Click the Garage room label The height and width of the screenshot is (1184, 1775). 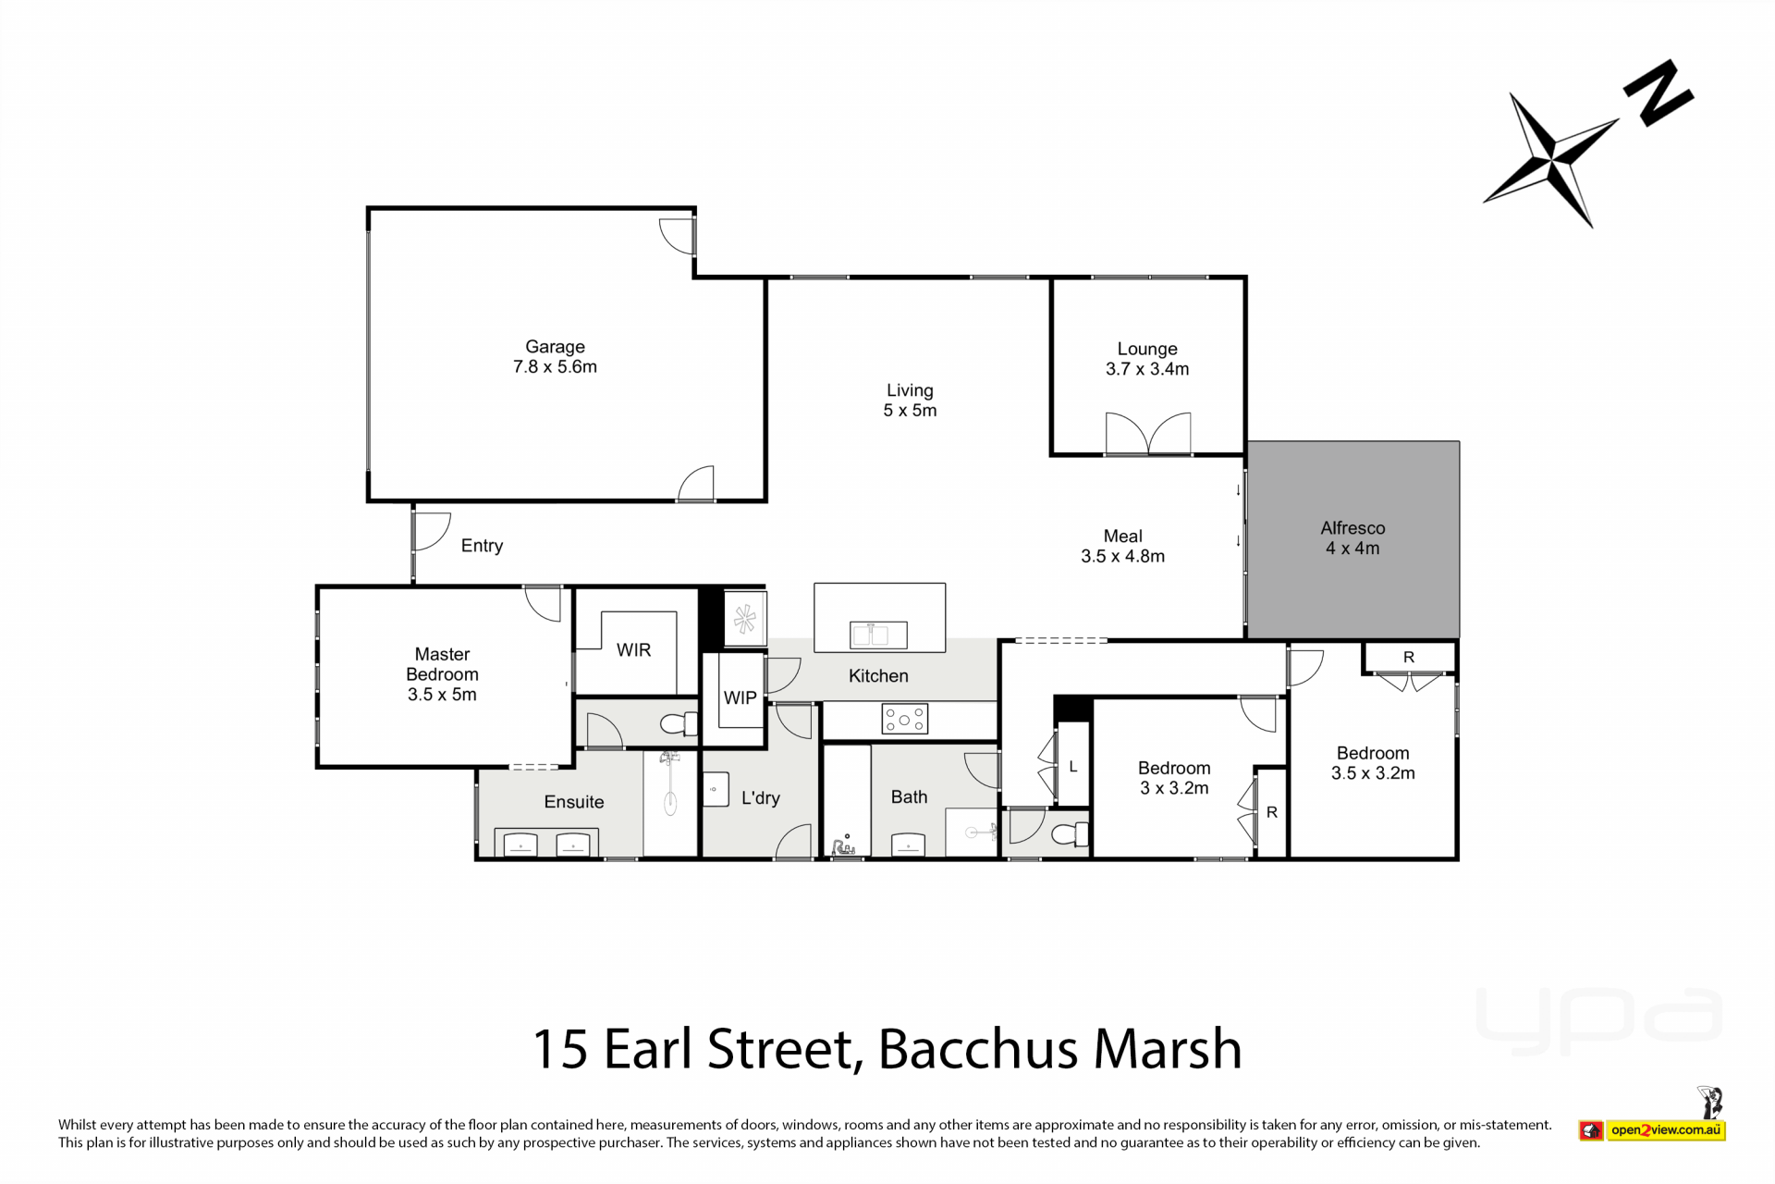pyautogui.click(x=555, y=357)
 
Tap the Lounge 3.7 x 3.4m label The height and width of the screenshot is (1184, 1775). pyautogui.click(x=1147, y=359)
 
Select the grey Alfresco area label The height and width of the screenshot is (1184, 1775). pyautogui.click(x=1353, y=538)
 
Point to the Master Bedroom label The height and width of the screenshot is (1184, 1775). pyautogui.click(x=442, y=674)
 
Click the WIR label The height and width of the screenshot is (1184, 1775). pyautogui.click(x=633, y=650)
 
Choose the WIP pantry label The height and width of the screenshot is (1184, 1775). pyautogui.click(x=740, y=698)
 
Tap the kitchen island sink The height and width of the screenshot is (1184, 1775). pyautogui.click(x=878, y=635)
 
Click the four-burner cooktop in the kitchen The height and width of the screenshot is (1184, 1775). pyautogui.click(x=904, y=719)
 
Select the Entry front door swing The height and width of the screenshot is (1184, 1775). pyautogui.click(x=433, y=532)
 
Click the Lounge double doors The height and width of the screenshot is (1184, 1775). pyautogui.click(x=1148, y=434)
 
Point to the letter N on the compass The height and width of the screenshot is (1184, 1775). pyautogui.click(x=1659, y=92)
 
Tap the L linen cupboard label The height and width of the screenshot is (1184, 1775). pyautogui.click(x=1073, y=767)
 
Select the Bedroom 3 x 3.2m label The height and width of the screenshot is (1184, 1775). pyautogui.click(x=1174, y=778)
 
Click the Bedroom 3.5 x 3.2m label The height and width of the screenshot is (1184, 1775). pyautogui.click(x=1373, y=763)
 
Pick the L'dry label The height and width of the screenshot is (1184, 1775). pyautogui.click(x=761, y=798)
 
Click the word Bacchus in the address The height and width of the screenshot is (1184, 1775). pyautogui.click(x=978, y=1049)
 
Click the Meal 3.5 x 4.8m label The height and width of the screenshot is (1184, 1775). pyautogui.click(x=1122, y=546)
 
